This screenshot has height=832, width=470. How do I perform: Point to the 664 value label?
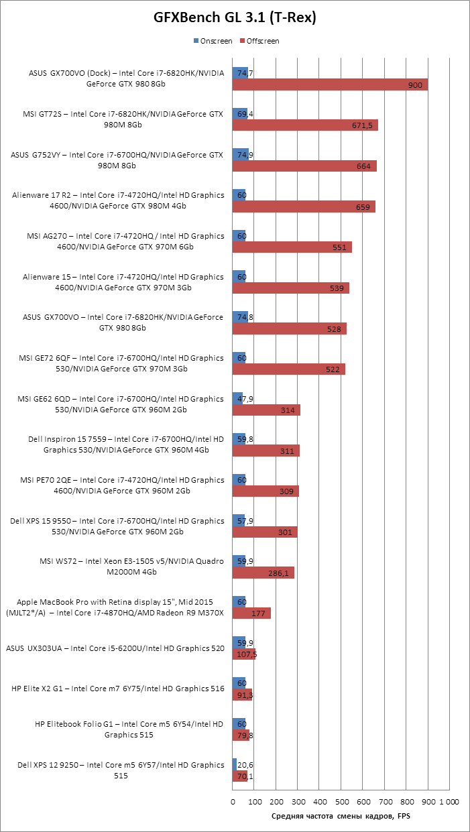click(363, 166)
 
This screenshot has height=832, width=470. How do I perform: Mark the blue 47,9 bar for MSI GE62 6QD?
click(236, 398)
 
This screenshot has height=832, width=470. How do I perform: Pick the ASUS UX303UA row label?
click(115, 648)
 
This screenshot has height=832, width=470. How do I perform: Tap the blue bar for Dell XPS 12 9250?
click(235, 764)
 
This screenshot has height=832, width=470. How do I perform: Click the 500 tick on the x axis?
click(341, 800)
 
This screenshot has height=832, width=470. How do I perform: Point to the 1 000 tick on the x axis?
click(449, 800)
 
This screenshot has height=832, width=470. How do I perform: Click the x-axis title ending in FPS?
click(341, 816)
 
